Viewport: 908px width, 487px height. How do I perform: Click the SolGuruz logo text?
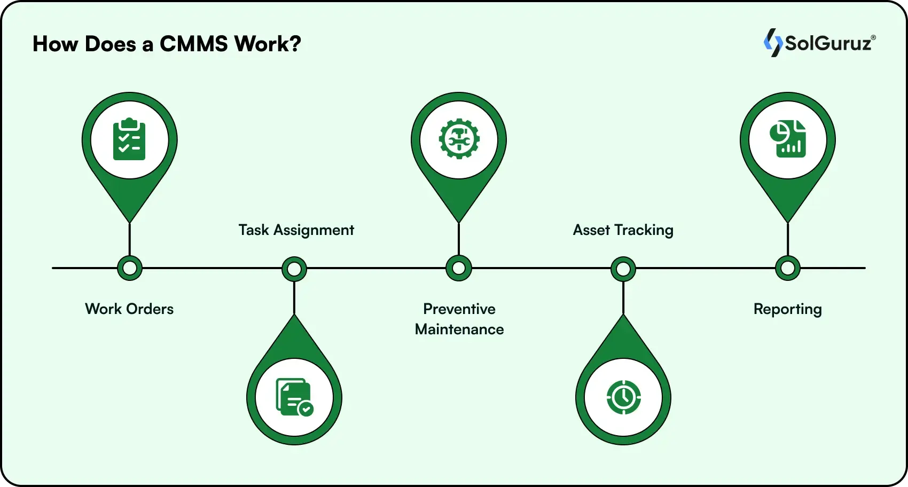(828, 43)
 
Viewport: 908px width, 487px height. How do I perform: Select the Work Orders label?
(129, 309)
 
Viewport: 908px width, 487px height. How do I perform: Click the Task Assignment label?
(296, 230)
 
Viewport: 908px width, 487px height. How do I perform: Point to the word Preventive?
(459, 309)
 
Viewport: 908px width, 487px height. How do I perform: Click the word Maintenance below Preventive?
(459, 329)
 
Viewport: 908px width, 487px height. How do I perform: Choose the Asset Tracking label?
(623, 230)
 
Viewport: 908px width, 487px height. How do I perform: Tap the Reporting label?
(787, 309)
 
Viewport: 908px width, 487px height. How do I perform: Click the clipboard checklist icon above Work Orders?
(129, 140)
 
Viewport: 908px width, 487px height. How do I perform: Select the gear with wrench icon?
(459, 139)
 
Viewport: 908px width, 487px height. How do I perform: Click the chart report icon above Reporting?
(788, 139)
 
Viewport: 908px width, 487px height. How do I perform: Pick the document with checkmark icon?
(294, 397)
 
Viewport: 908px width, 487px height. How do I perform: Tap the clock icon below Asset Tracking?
(623, 397)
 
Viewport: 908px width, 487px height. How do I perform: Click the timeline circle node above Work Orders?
(130, 268)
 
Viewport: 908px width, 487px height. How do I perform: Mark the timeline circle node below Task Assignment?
(294, 269)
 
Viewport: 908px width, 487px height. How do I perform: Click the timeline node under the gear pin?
(459, 268)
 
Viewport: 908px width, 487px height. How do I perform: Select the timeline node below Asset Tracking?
(623, 269)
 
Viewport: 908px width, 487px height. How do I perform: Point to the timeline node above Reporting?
(788, 268)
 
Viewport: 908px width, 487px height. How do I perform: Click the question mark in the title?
(295, 44)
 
